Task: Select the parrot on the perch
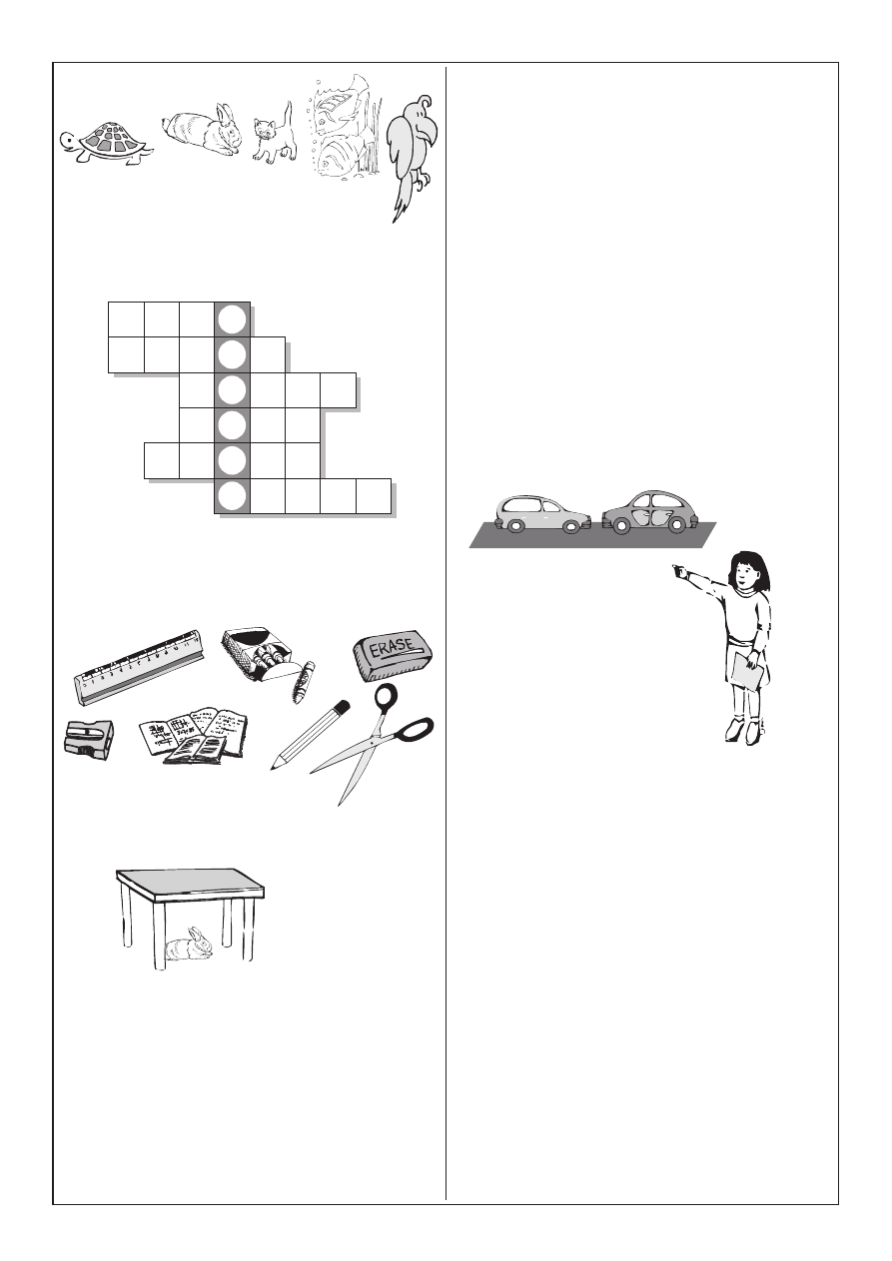[x=413, y=156]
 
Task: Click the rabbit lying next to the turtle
[x=203, y=130]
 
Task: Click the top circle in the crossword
[x=233, y=319]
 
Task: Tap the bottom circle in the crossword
[x=233, y=496]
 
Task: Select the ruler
[x=139, y=667]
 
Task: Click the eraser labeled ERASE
[x=394, y=655]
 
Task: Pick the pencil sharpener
[x=89, y=738]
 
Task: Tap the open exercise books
[x=194, y=735]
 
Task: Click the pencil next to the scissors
[x=311, y=735]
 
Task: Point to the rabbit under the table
[x=189, y=944]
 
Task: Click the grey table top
[x=191, y=885]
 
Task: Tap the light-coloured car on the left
[x=542, y=514]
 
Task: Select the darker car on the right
[x=650, y=512]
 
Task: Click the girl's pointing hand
[x=680, y=572]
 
